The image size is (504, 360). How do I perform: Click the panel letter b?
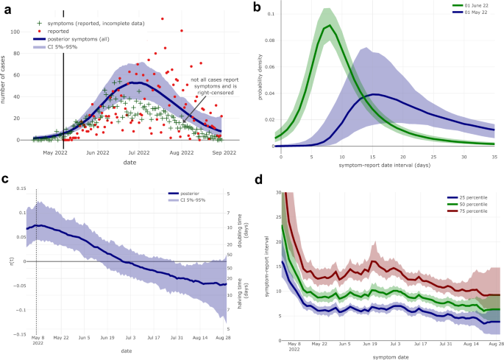[257, 7]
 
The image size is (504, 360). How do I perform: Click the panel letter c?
[5, 180]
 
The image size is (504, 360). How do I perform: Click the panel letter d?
[257, 180]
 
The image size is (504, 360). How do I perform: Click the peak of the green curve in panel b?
[330, 26]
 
